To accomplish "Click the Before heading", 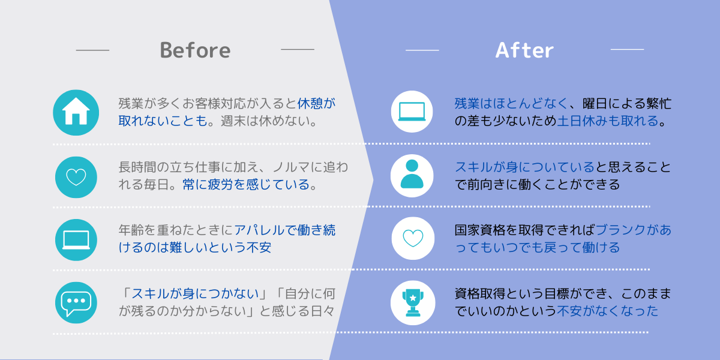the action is [195, 50].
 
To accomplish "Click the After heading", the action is [524, 50].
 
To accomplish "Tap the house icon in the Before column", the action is [76, 113].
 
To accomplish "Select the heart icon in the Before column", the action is [76, 177].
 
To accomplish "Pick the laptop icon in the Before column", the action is [76, 240].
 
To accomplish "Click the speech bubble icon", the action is [76, 303].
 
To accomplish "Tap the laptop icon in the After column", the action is [412, 112].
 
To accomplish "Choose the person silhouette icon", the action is [412, 175].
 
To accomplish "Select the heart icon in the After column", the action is [413, 238].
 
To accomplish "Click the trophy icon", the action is [413, 303].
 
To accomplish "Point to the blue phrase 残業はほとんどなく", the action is [511, 103].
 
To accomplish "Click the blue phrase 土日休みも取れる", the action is [608, 121].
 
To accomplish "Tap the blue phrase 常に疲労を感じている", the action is [246, 185].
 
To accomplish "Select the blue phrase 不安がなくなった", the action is [607, 311].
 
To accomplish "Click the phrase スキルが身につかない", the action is [195, 293].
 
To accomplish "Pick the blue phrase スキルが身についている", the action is [524, 167].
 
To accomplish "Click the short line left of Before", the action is [92, 50].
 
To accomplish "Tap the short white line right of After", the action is [627, 49].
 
